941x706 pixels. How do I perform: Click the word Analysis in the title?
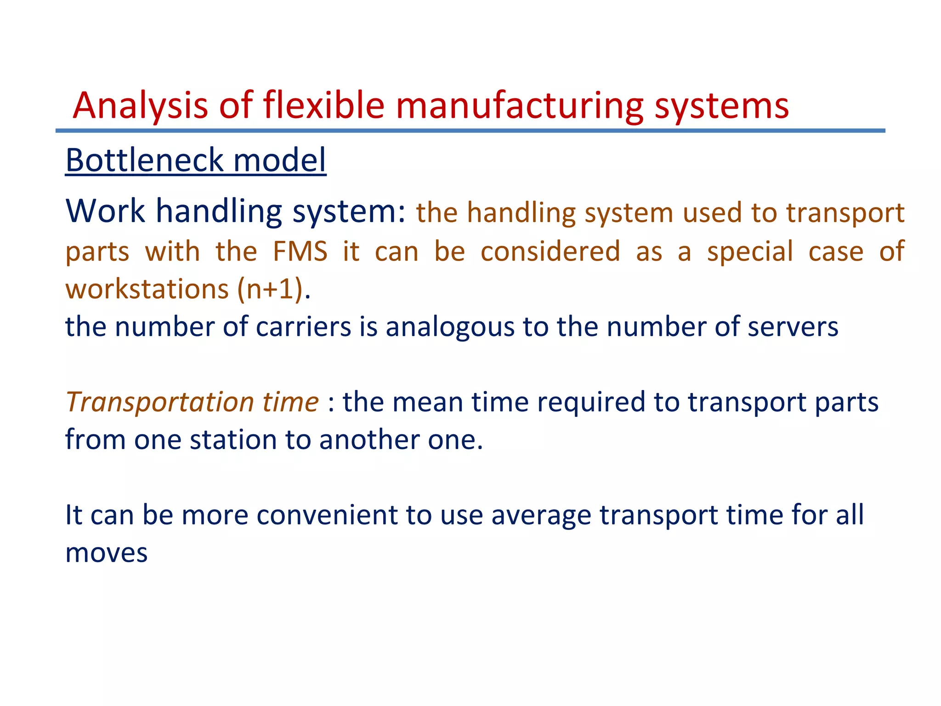[140, 106]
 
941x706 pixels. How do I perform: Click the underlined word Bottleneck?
[144, 160]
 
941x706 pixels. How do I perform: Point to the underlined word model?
[280, 160]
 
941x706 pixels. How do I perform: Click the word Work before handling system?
[105, 211]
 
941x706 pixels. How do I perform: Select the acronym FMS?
[300, 251]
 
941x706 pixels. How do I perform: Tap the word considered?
[550, 251]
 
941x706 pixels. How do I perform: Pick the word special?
[750, 251]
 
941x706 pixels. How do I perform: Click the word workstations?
[147, 289]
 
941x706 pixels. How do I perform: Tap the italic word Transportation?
[159, 402]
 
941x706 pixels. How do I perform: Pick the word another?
[369, 440]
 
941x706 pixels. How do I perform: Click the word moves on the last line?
[107, 552]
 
